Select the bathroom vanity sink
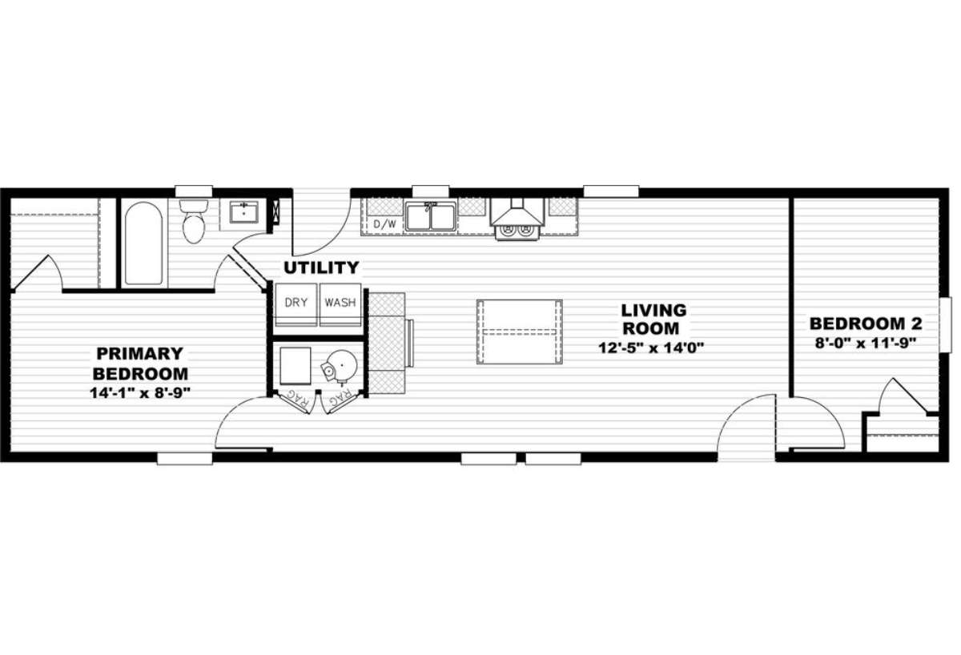(243, 212)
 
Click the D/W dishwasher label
(385, 224)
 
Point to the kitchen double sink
(430, 216)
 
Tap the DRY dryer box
(296, 303)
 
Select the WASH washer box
(340, 303)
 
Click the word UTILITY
(322, 267)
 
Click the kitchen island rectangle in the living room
(519, 332)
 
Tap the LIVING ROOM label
(654, 319)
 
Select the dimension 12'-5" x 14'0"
(655, 348)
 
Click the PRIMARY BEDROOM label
(141, 363)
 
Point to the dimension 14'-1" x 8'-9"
(141, 392)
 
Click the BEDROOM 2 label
(866, 324)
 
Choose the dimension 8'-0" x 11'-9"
(866, 343)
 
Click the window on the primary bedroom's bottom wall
(184, 459)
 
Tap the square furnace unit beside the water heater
(296, 368)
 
